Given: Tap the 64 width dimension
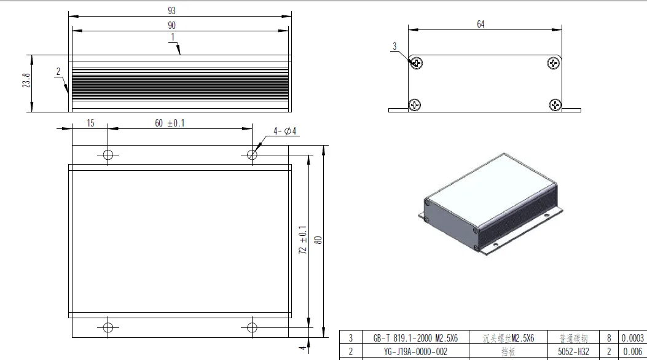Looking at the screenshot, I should tap(480, 24).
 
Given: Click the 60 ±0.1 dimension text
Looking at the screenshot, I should tap(170, 123).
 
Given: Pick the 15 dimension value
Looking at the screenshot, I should tap(90, 123).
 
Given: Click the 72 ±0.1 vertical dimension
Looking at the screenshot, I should tap(302, 240).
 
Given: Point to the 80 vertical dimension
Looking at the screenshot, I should tap(318, 240).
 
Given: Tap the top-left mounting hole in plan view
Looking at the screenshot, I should tap(108, 154).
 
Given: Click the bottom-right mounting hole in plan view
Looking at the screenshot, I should tap(251, 327).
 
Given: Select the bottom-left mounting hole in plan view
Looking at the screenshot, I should tap(108, 327).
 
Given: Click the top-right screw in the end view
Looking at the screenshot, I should tap(554, 63).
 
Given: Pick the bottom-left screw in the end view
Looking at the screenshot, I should tap(416, 105).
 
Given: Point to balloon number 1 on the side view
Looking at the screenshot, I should tap(173, 37).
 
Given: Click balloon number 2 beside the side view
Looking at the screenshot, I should tap(58, 72).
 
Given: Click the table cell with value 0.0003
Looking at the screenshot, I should tap(632, 338).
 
